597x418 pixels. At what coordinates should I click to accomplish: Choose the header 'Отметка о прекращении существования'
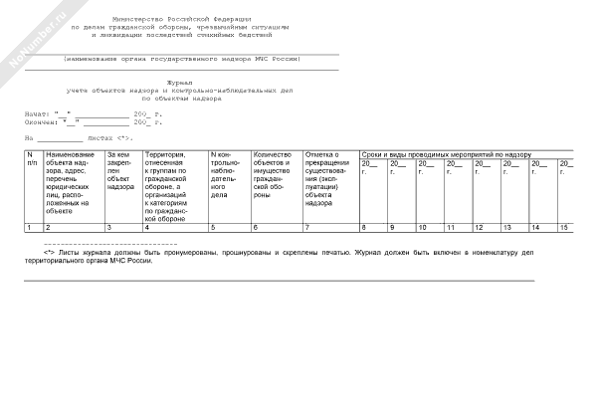click(328, 177)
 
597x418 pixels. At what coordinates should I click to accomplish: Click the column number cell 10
click(423, 228)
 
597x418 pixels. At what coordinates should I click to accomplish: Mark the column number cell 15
click(565, 228)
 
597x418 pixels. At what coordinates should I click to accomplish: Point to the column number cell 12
click(479, 228)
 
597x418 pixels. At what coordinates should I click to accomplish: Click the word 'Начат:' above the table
click(36, 113)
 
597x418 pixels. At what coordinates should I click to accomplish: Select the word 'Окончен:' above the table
click(39, 121)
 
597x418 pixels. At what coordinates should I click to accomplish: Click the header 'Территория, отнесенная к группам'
click(173, 189)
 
